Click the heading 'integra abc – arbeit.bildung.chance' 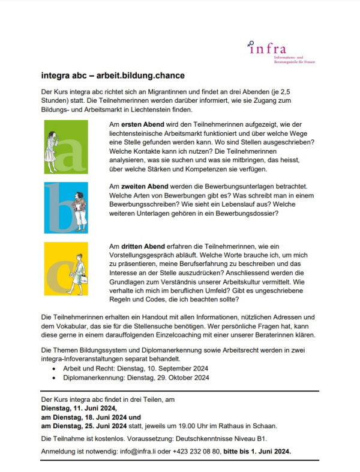pos(113,76)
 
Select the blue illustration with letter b pos(66,207)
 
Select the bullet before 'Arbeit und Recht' pos(56,369)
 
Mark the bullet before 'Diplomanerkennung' pos(56,378)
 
